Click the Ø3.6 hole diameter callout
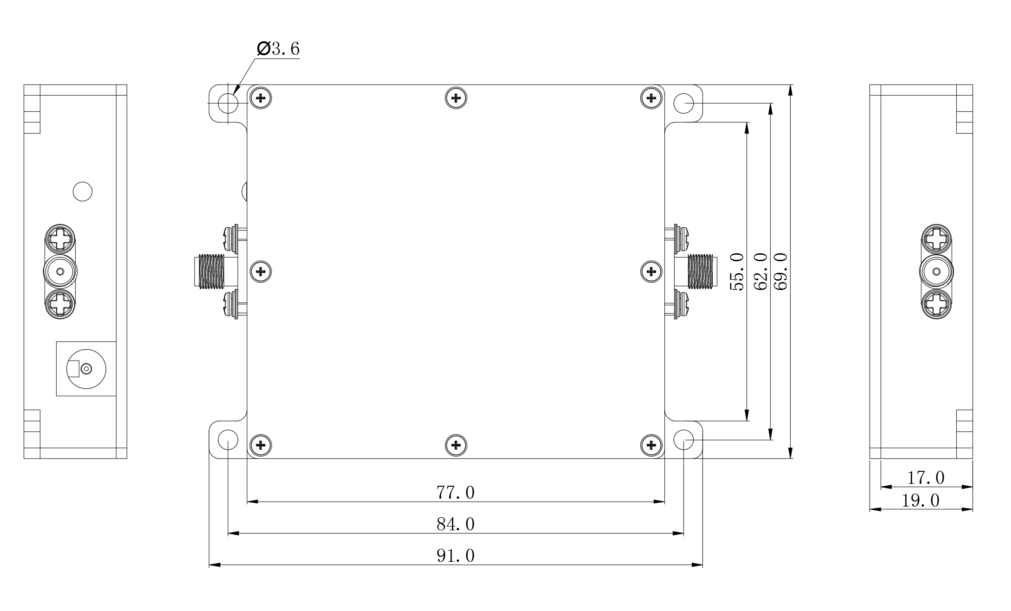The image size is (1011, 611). point(278,48)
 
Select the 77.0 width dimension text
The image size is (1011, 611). point(455,493)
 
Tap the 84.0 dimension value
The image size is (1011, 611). point(455,524)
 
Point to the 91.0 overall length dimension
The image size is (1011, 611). point(455,556)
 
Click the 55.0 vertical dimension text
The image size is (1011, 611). point(737,271)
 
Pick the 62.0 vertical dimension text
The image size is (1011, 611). point(760,271)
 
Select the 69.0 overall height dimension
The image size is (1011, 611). point(781,271)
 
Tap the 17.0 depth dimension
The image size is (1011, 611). point(925,478)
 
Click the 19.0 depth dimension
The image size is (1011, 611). point(920,501)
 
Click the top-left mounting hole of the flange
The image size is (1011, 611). point(228,103)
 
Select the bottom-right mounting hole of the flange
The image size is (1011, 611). point(683,439)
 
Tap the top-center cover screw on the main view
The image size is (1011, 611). point(456,98)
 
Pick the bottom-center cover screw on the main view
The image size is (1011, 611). point(456,445)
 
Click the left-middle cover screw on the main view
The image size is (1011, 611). point(261,271)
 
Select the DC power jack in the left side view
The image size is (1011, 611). point(86,369)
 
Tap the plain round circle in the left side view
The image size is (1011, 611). point(83,191)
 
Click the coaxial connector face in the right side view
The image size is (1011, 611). point(936,271)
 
